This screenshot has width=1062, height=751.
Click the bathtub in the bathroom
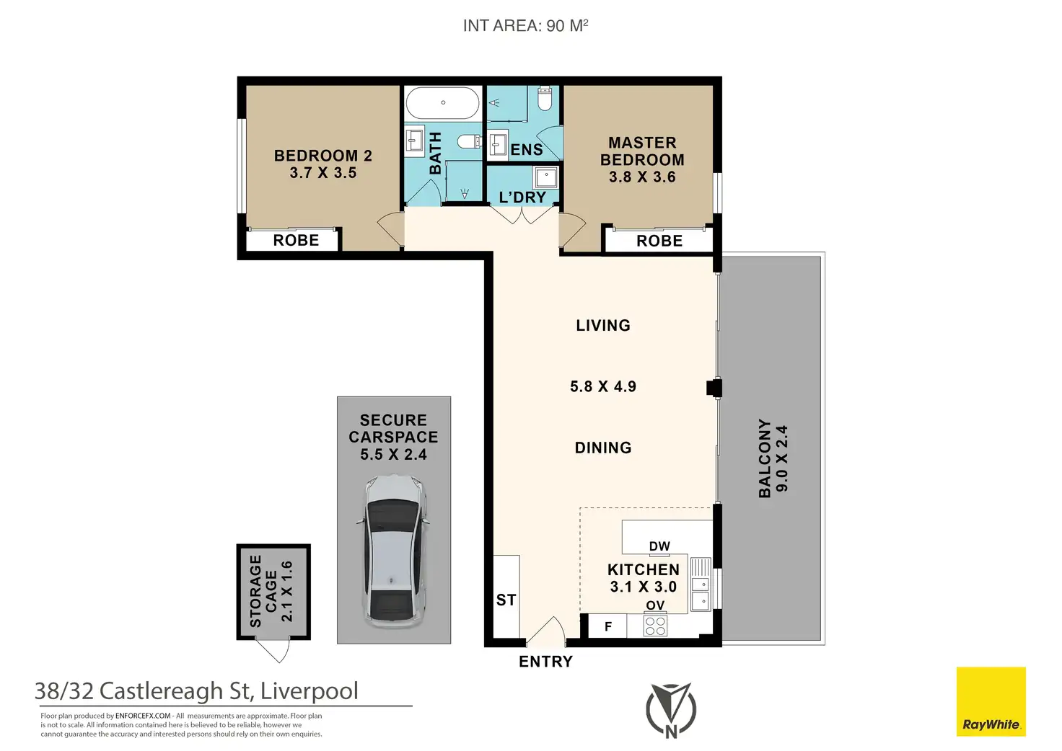442,103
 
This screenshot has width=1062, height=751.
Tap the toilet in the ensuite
545,99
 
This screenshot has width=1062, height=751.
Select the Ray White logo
991,701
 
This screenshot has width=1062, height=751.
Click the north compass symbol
671,710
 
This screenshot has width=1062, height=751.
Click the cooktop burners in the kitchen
655,626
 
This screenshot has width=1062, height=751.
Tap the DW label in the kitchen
659,546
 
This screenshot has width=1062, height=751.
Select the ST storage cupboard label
506,600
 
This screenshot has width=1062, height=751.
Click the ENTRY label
545,662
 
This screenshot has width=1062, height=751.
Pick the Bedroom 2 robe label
296,240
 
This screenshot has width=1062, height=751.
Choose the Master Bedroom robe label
659,241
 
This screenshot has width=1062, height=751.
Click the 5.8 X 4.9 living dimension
603,386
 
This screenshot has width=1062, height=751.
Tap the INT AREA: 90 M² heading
525,25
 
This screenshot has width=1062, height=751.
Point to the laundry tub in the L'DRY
546,177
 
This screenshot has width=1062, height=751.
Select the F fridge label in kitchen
608,626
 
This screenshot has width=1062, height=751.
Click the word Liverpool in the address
309,691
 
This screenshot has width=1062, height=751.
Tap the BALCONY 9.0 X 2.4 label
773,458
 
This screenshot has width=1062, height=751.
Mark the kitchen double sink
701,585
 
